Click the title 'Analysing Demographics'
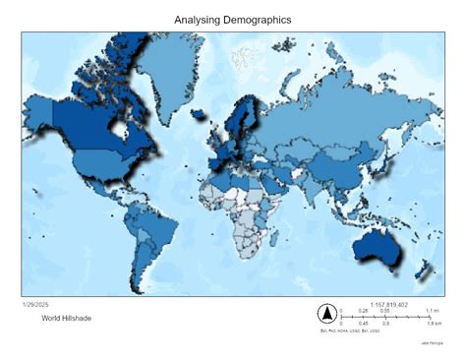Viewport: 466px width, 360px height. coord(232,20)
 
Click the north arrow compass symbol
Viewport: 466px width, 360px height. coord(326,314)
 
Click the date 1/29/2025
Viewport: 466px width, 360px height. coord(35,304)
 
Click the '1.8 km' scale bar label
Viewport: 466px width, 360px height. coord(433,323)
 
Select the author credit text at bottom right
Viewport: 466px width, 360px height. coord(432,342)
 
